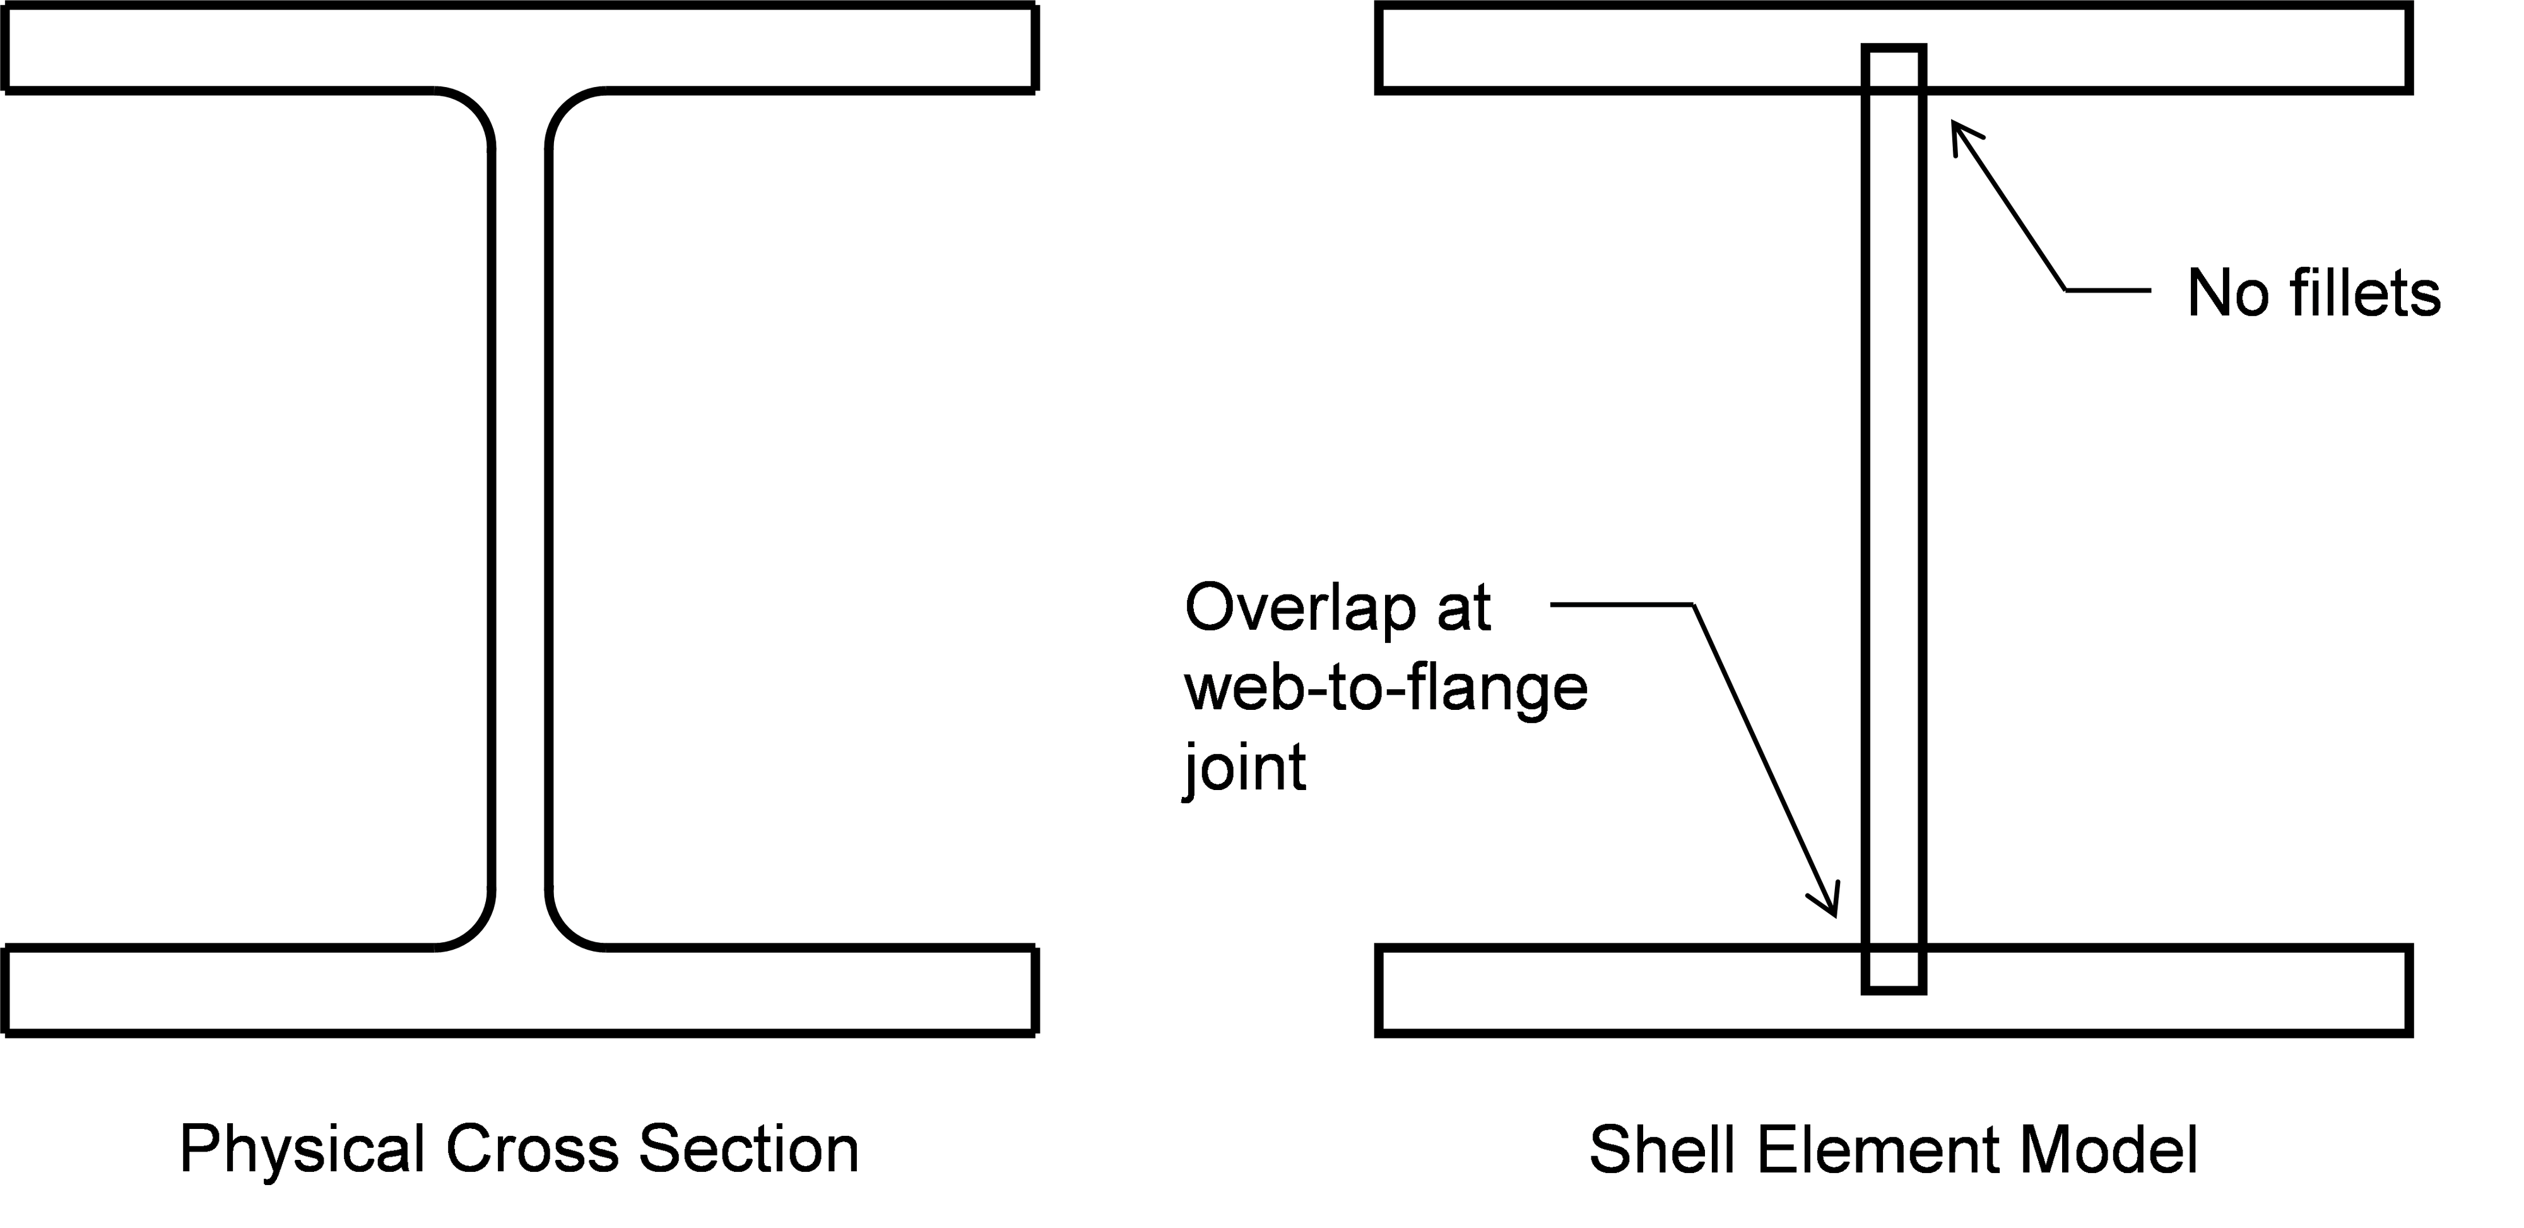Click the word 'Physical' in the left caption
(x=302, y=1150)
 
